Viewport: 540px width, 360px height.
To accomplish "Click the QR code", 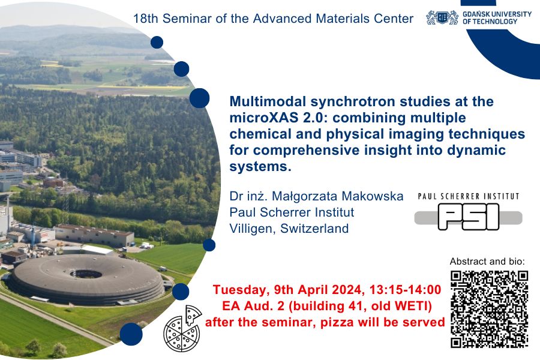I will [489, 308].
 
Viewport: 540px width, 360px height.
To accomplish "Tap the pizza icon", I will [183, 328].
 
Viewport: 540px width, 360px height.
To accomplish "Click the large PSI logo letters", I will [468, 216].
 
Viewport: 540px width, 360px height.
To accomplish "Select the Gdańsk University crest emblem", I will [442, 17].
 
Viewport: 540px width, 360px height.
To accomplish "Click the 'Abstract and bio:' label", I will [487, 262].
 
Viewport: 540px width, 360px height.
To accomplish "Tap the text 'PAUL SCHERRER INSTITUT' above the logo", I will [468, 196].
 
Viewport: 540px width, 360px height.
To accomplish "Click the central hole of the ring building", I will [85, 274].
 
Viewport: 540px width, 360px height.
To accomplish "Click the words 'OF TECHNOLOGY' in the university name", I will [490, 22].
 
